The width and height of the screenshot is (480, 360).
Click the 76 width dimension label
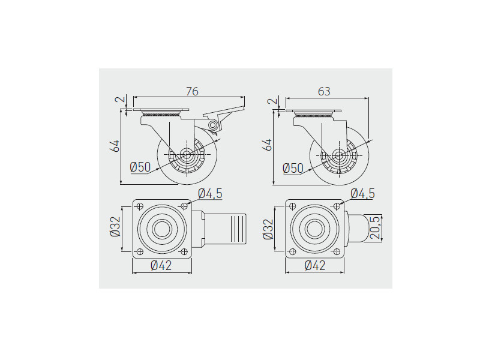point(192,91)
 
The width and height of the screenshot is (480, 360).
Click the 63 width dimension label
point(324,91)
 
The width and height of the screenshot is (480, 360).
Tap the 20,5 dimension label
point(375,227)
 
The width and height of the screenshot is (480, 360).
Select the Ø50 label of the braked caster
point(140,167)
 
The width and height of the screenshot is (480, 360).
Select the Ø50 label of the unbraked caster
point(293,168)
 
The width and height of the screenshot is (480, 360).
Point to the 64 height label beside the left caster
point(115,146)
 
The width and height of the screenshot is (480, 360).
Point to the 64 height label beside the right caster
point(267,145)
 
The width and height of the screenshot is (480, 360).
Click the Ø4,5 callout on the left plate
point(211,193)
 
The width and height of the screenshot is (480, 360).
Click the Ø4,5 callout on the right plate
point(363,193)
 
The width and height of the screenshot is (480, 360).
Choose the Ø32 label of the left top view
point(115,227)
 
